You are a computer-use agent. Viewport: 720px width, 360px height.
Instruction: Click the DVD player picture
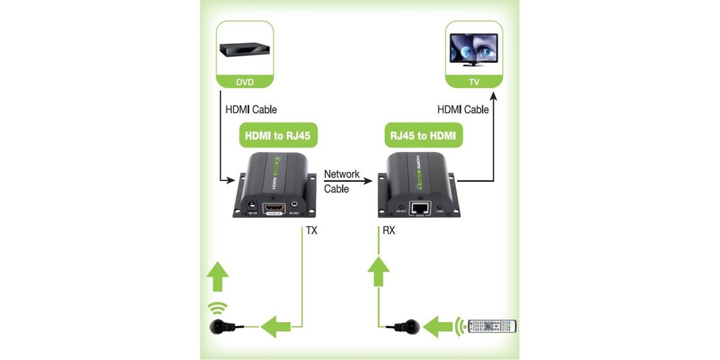click(244, 50)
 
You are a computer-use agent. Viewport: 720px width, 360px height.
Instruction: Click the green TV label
click(474, 82)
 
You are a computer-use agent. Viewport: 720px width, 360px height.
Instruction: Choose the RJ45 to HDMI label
click(422, 136)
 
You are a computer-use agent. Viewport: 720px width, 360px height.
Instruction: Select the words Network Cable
click(341, 181)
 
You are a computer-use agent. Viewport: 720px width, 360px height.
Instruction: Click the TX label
click(311, 230)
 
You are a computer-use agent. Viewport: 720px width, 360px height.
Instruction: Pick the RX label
click(388, 230)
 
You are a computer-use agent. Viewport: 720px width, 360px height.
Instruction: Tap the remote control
click(492, 326)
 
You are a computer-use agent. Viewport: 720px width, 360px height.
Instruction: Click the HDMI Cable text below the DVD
click(251, 110)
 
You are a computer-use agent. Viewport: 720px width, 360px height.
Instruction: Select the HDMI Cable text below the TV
click(463, 110)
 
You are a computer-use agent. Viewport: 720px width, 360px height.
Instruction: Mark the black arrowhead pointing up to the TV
click(493, 95)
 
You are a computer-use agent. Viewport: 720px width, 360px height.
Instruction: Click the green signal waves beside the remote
click(460, 326)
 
